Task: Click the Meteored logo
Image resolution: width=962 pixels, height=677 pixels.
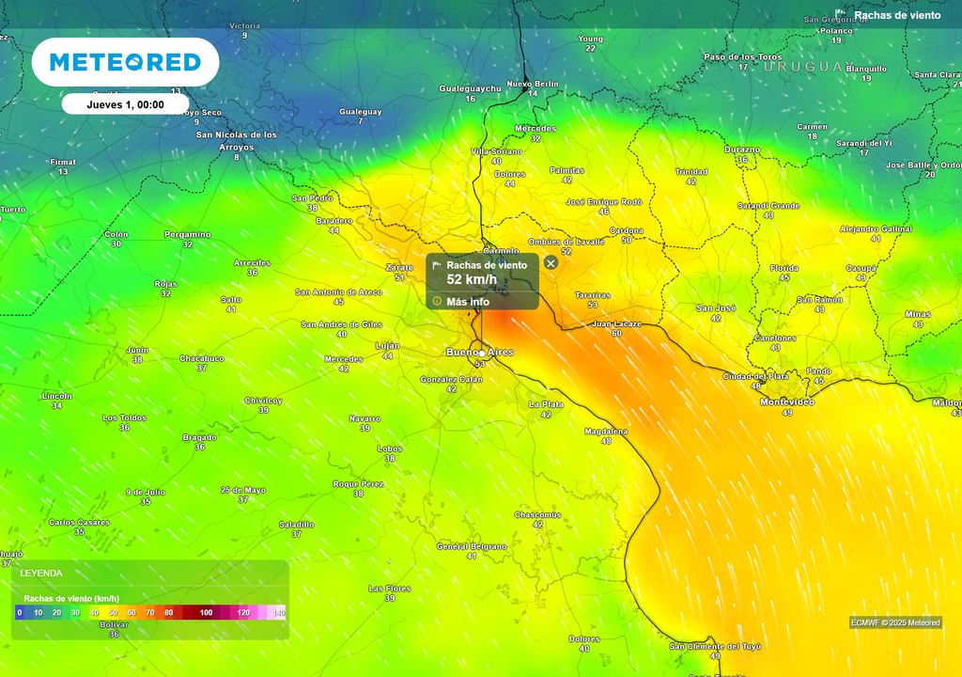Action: pyautogui.click(x=125, y=62)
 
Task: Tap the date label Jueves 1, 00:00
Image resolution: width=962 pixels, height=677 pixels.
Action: pyautogui.click(x=125, y=104)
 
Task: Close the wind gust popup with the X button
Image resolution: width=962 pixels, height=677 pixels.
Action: pyautogui.click(x=551, y=263)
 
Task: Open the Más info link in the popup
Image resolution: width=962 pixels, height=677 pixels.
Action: pyautogui.click(x=467, y=302)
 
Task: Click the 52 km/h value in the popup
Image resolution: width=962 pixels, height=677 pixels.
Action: pyautogui.click(x=472, y=279)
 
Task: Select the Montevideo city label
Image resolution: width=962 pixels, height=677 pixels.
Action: pyautogui.click(x=786, y=401)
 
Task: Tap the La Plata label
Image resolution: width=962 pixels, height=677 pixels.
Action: pyautogui.click(x=546, y=404)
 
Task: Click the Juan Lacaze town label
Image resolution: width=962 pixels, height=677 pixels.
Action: pyautogui.click(x=616, y=323)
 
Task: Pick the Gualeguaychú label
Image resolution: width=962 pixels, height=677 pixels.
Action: pyautogui.click(x=470, y=88)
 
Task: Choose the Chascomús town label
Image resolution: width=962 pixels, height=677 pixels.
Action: pyautogui.click(x=537, y=515)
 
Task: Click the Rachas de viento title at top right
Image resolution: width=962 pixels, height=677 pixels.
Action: pyautogui.click(x=896, y=15)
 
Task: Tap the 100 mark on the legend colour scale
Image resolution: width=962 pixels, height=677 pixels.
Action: pyautogui.click(x=206, y=613)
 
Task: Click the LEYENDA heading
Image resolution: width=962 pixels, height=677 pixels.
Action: pyautogui.click(x=41, y=573)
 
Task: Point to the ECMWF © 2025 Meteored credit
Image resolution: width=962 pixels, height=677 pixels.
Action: pyautogui.click(x=895, y=622)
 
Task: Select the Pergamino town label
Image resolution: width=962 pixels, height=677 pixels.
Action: pyautogui.click(x=188, y=234)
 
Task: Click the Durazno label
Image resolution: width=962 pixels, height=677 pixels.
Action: pyautogui.click(x=741, y=150)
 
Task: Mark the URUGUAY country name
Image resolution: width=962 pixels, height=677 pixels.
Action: pyautogui.click(x=809, y=67)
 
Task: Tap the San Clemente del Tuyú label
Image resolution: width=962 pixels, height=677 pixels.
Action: pyautogui.click(x=715, y=647)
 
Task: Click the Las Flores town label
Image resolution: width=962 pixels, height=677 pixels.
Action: pyautogui.click(x=389, y=589)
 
